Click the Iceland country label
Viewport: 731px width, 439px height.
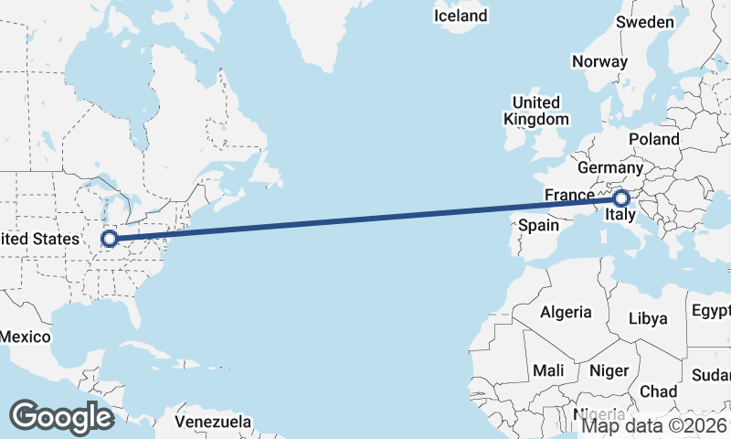[x=461, y=16]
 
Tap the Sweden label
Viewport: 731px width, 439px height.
[x=645, y=22]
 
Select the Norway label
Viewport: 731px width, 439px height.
[x=599, y=62]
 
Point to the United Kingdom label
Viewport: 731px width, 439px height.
[x=535, y=111]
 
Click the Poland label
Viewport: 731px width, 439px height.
[x=653, y=139]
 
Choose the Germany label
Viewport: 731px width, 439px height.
[x=610, y=168]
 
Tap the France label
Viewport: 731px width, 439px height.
[x=569, y=195]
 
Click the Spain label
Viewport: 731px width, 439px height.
[x=538, y=225]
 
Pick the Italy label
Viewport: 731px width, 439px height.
[x=621, y=217]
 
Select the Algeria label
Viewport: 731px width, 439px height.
[x=566, y=312]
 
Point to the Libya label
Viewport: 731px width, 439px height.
[x=649, y=319]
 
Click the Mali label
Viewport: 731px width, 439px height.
[x=549, y=370]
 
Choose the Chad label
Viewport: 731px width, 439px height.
[x=658, y=391]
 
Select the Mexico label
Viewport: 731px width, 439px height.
[x=25, y=337]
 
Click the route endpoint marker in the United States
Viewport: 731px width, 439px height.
[x=110, y=239]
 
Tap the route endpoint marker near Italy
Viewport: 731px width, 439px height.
[x=621, y=198]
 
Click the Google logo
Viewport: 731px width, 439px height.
[x=61, y=416]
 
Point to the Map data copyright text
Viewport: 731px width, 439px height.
[x=654, y=424]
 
